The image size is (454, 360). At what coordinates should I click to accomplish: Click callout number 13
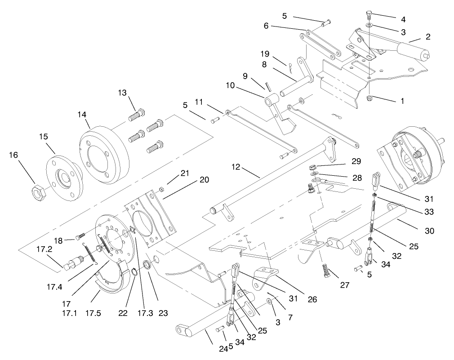pos(123,93)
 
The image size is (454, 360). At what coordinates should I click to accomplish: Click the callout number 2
pos(428,37)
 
